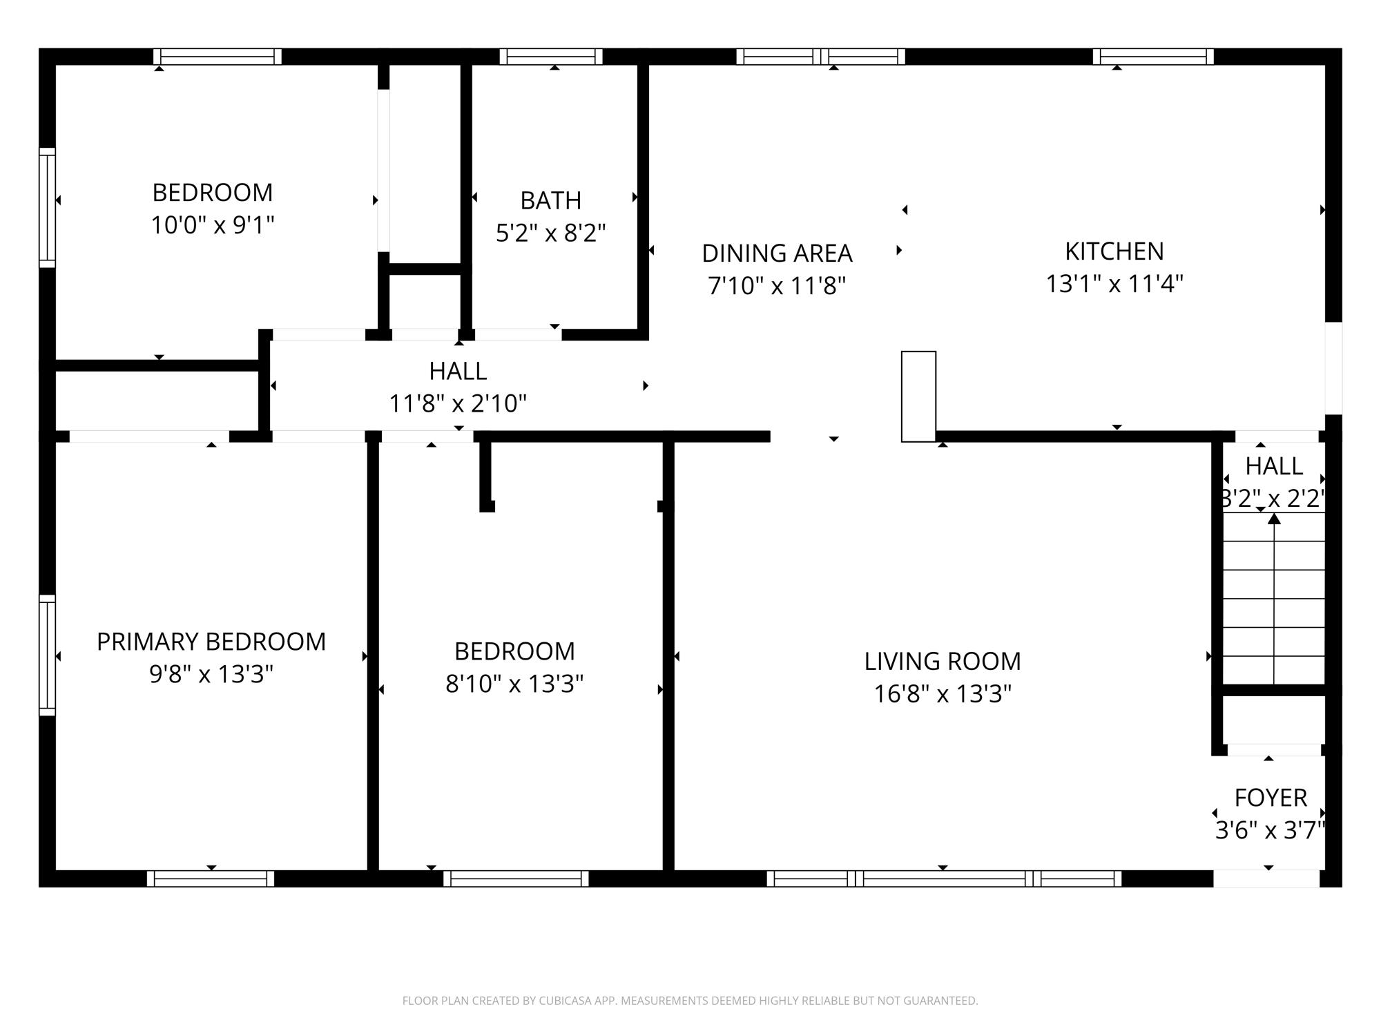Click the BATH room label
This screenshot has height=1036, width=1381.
[550, 200]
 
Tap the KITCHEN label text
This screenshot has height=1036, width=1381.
[1114, 251]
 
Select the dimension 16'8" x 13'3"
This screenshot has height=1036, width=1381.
[943, 693]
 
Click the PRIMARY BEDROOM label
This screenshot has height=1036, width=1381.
[211, 642]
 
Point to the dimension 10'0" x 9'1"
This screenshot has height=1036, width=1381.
[213, 225]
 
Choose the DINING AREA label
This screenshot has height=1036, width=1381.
[777, 253]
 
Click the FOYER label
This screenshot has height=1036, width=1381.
[1270, 798]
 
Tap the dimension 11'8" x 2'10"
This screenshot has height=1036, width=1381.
[458, 403]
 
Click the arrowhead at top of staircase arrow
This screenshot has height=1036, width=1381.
[1274, 518]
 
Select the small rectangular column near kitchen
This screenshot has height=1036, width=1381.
[918, 396]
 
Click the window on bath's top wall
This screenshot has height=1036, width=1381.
[551, 57]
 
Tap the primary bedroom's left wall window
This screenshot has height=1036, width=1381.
[47, 655]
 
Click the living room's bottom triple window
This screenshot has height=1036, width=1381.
[944, 879]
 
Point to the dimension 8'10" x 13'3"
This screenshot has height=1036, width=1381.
[514, 684]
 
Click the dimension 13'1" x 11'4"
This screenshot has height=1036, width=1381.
[1114, 284]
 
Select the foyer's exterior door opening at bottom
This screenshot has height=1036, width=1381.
[1266, 879]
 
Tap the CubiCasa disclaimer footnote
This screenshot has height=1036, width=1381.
[690, 1000]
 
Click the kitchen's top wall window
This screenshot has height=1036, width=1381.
[1152, 57]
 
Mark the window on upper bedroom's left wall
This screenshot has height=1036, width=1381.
[47, 207]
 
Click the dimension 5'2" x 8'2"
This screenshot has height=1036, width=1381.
[550, 233]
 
